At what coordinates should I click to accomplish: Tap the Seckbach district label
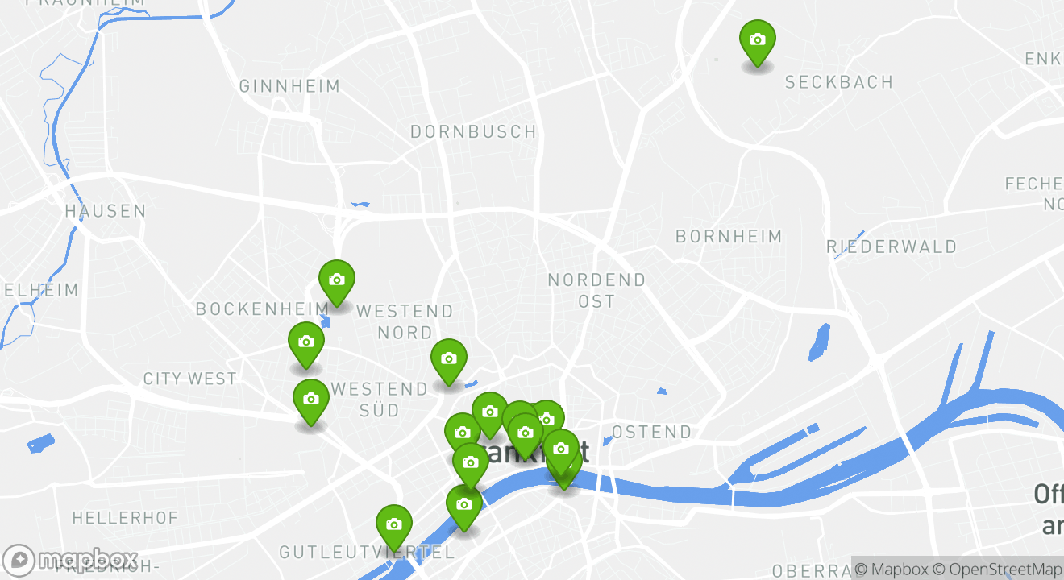838,82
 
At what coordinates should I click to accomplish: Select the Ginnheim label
289,86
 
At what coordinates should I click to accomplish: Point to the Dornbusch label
473,131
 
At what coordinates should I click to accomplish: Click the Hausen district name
106,211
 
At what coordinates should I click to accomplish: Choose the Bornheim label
729,236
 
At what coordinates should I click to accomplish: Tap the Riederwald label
892,246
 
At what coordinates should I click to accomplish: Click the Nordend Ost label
596,290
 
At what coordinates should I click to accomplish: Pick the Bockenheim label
262,309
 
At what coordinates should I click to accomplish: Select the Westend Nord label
405,321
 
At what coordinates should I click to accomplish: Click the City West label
189,379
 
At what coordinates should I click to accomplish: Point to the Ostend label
651,432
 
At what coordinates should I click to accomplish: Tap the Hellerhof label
125,517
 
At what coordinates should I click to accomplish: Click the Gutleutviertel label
367,553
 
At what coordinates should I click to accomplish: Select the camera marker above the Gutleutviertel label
393,524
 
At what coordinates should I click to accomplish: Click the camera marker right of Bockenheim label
337,280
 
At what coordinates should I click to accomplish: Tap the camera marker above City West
305,342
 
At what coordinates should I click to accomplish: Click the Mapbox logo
71,560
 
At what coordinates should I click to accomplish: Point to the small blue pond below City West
40,443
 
